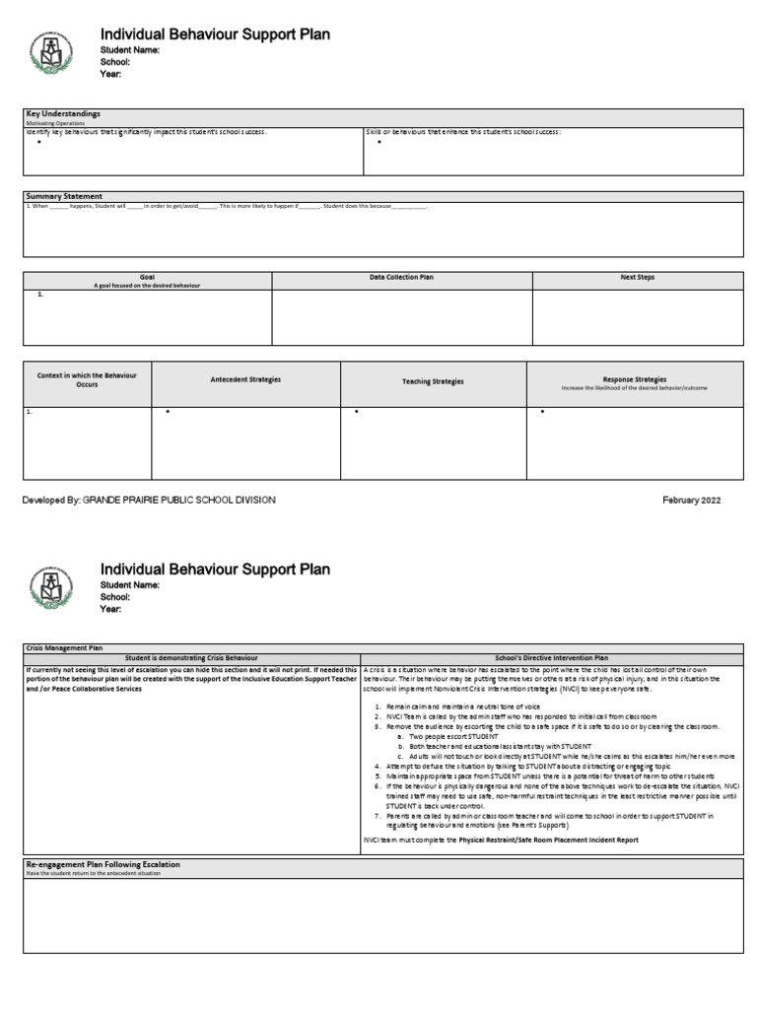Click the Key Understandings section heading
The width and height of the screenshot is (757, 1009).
62,114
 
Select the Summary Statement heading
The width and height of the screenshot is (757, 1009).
64,196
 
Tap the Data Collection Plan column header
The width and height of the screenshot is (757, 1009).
401,278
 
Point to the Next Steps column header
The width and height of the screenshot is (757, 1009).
637,278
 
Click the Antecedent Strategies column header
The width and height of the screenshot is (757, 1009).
245,379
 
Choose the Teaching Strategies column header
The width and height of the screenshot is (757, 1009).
433,381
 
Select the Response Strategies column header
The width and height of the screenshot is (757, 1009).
634,378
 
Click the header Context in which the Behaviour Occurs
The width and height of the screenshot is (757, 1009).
87,379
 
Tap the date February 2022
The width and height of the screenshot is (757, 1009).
691,501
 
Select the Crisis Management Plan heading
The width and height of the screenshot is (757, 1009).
64,647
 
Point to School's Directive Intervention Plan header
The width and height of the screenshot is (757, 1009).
552,657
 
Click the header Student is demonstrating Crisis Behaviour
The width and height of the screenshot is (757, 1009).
191,657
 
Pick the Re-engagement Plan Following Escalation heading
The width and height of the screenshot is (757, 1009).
103,864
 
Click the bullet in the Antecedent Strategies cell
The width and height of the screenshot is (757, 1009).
168,411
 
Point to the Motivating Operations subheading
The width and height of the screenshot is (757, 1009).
49,123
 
